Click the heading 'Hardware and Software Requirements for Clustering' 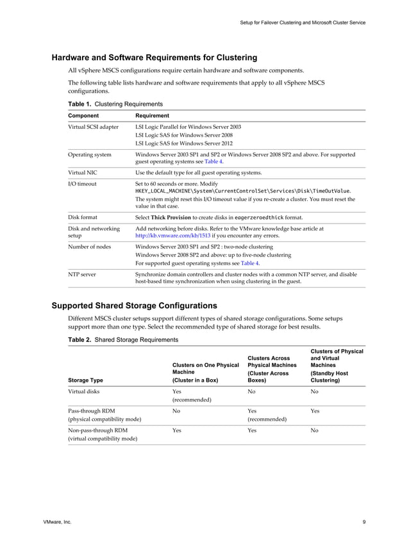(x=154, y=58)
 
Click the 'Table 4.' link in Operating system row (x=213, y=162)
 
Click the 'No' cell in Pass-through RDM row (x=176, y=411)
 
